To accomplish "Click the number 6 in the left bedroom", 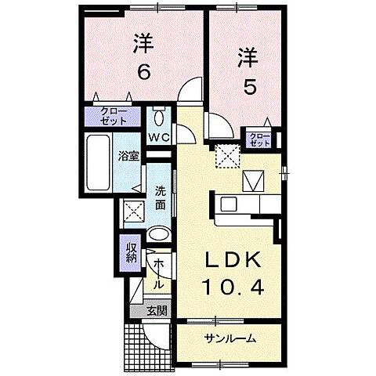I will pos(143,72).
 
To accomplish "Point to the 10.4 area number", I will pos(233,288).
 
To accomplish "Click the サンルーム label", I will pos(232,338).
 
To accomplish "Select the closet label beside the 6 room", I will pos(114,117).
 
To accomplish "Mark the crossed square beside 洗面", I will pos(133,211).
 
